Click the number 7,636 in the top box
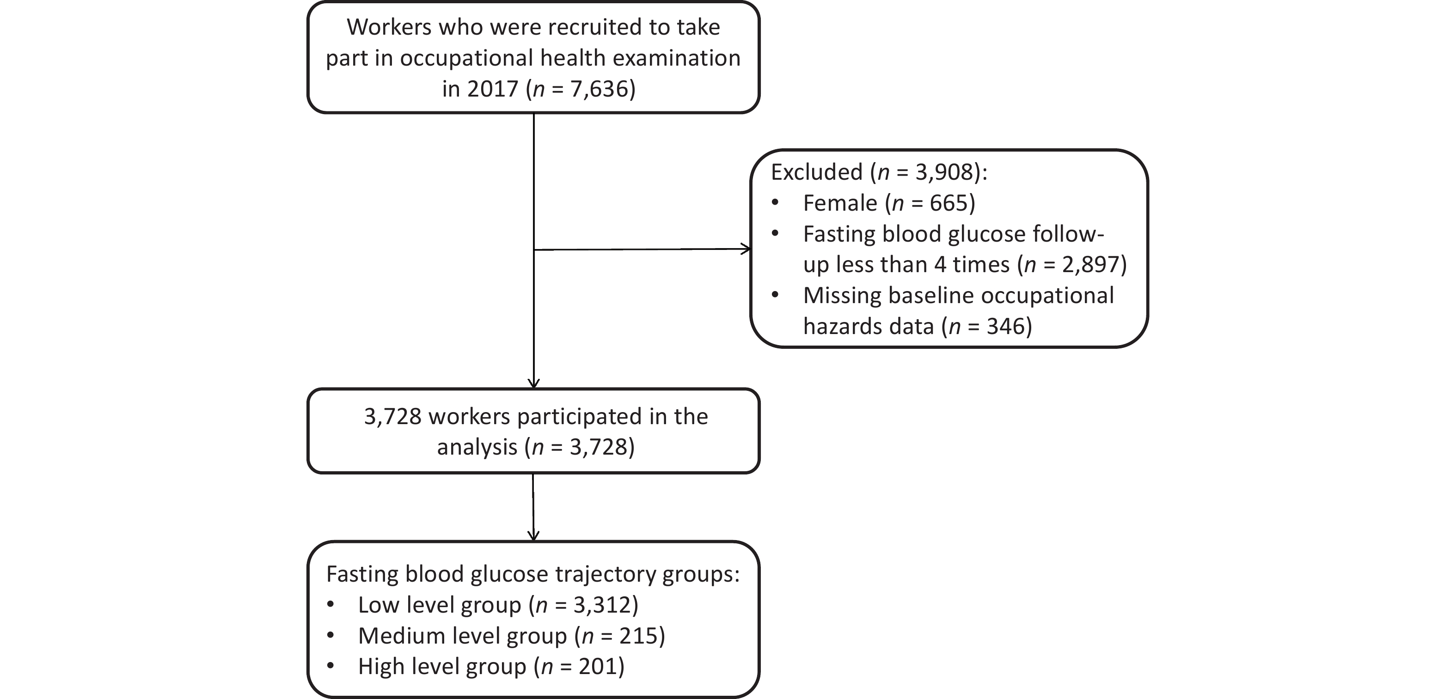pos(599,89)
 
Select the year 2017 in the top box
pos(493,89)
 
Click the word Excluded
pos(816,172)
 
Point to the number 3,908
pos(945,172)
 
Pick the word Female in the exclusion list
pos(840,203)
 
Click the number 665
pos(948,203)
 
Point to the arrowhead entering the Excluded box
pos(746,249)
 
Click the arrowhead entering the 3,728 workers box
pos(533,383)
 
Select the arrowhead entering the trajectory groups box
pos(533,536)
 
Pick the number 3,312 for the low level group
pos(603,605)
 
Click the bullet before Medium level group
pos(330,636)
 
